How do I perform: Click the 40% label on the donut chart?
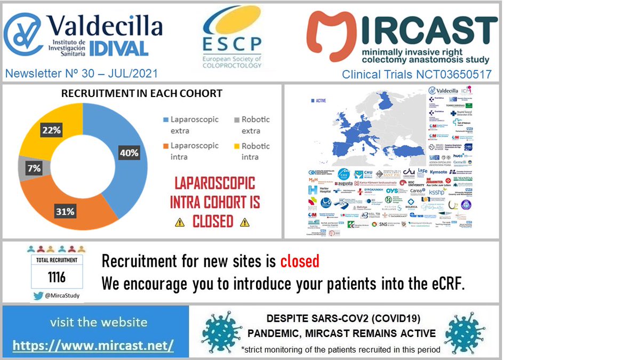pyautogui.click(x=129, y=153)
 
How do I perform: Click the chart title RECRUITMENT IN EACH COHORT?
pyautogui.click(x=142, y=93)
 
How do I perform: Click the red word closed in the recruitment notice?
pyautogui.click(x=300, y=261)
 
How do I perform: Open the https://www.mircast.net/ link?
pyautogui.click(x=93, y=345)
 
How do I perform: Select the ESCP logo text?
pyautogui.click(x=232, y=43)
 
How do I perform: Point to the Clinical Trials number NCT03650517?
pyautogui.click(x=417, y=74)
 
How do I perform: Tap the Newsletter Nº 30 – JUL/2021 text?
pyautogui.click(x=82, y=74)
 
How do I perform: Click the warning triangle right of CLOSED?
pyautogui.click(x=245, y=222)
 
